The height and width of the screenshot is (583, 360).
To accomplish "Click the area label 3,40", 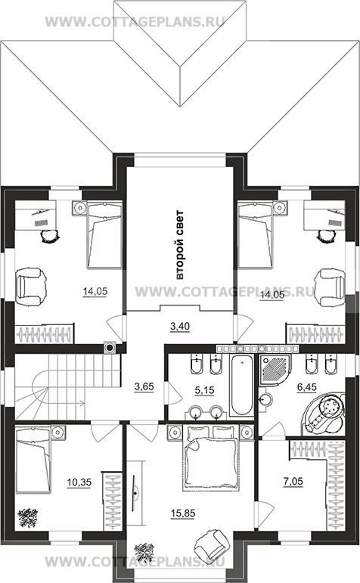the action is coord(180,327).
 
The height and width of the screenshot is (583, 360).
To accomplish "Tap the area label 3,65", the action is coord(144,386).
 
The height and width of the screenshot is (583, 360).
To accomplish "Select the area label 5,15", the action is coord(205,390).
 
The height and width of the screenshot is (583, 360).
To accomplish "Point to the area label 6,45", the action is coord(306,387).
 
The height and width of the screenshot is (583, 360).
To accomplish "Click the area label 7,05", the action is coord(293,482).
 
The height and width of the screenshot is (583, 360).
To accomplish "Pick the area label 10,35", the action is coord(79,482).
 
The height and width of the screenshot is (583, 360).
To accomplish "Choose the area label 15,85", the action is coord(183,513).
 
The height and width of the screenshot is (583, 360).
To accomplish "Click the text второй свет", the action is coord(180,245).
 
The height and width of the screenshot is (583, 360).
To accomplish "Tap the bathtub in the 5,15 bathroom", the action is coord(241,385).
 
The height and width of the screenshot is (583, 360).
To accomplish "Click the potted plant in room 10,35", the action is coord(28,518).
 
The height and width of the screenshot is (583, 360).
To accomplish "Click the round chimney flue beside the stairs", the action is coord(110,348).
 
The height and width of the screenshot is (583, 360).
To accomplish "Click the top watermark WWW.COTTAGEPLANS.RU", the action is coord(135,22).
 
